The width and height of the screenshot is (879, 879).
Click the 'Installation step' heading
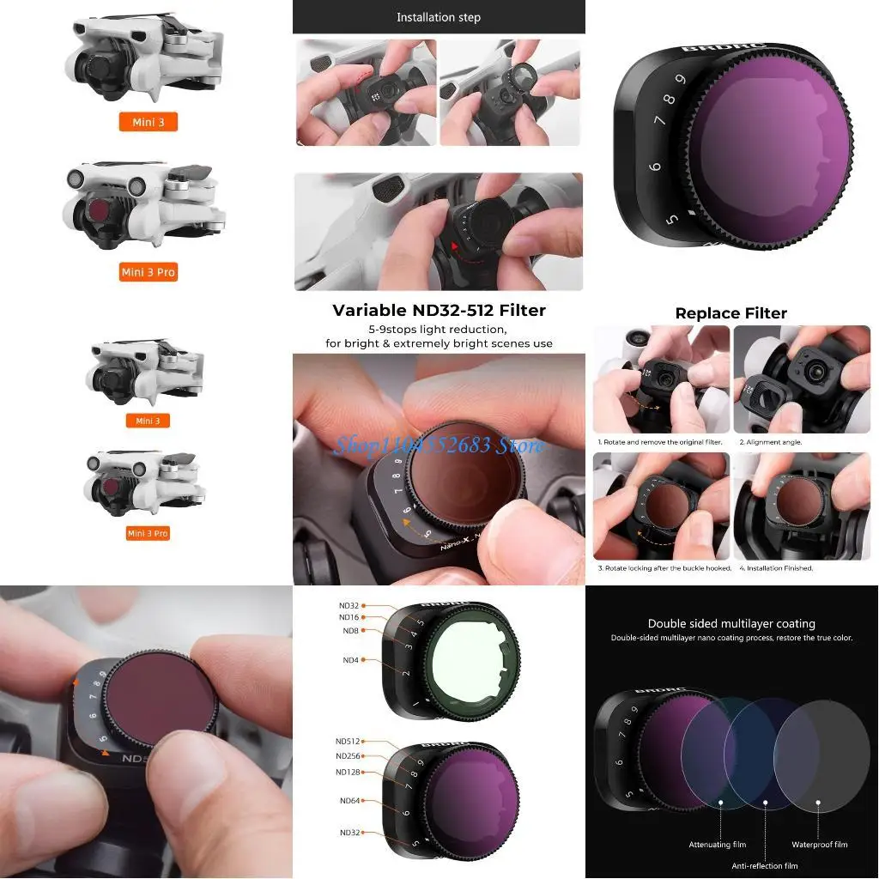[438, 17]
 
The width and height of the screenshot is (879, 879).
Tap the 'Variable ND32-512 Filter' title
[439, 311]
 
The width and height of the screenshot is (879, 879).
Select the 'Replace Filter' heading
[730, 313]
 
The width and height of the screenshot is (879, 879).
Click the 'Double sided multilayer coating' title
[731, 624]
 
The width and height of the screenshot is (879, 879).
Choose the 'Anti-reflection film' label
[764, 866]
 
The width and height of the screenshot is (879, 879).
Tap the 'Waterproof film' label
[819, 845]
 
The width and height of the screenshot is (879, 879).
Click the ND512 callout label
[348, 741]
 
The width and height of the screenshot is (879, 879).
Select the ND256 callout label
[348, 756]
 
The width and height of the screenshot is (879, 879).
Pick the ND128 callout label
[348, 772]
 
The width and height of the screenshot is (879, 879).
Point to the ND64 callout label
[349, 801]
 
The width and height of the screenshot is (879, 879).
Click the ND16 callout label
[349, 617]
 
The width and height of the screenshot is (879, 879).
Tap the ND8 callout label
[351, 631]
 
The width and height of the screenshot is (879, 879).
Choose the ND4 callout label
[351, 659]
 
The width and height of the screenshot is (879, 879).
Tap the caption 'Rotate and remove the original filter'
[660, 441]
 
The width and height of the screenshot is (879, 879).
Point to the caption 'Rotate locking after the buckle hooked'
[664, 568]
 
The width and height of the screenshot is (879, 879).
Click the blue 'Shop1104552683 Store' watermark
[439, 445]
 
